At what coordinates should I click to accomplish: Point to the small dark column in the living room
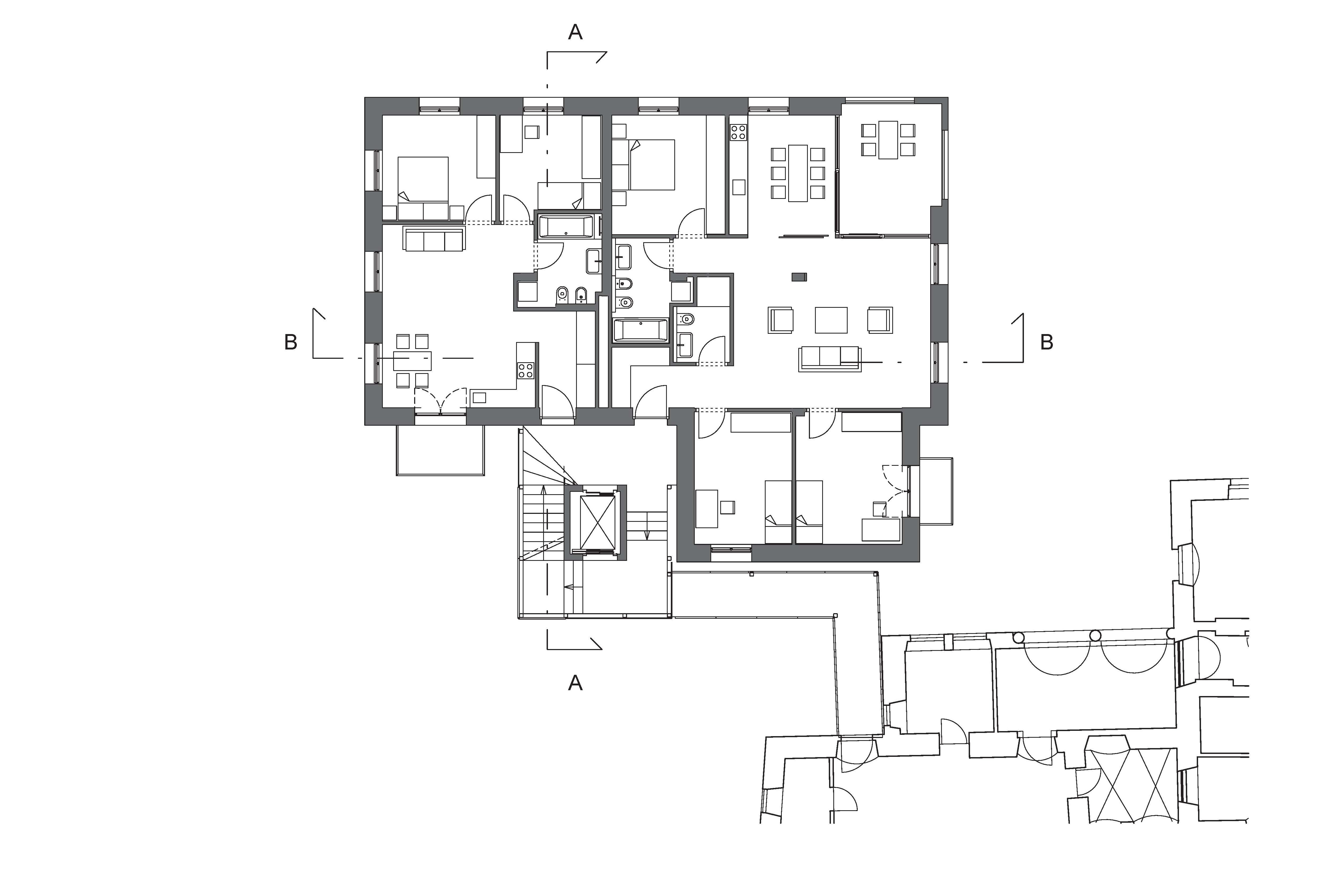[x=799, y=276]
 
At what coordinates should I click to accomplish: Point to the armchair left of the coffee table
[x=780, y=320]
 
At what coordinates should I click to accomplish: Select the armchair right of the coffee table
[x=880, y=320]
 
